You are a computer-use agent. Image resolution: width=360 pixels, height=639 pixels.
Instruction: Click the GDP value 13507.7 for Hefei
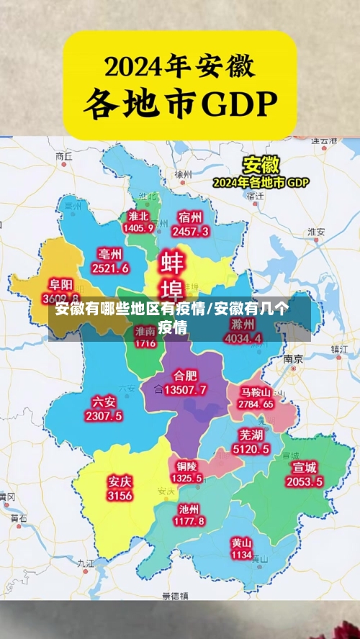pyautogui.click(x=185, y=390)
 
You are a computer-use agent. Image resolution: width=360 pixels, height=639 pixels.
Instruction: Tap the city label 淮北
pyautogui.click(x=138, y=216)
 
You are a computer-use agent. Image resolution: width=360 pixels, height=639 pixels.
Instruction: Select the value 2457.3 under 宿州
pyautogui.click(x=191, y=231)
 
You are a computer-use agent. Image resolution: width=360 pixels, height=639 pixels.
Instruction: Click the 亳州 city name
pyautogui.click(x=110, y=254)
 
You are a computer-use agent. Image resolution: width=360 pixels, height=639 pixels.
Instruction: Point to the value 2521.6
pyautogui.click(x=110, y=268)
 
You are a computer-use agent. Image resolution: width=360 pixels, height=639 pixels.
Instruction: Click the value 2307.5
pyautogui.click(x=104, y=416)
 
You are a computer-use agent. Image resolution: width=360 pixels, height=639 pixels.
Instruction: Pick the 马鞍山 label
pyautogui.click(x=256, y=392)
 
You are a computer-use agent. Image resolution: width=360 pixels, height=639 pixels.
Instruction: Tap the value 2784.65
pyautogui.click(x=256, y=404)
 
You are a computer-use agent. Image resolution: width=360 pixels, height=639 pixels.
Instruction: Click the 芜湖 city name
pyautogui.click(x=251, y=435)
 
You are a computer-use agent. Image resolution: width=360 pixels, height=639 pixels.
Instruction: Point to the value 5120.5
pyautogui.click(x=251, y=449)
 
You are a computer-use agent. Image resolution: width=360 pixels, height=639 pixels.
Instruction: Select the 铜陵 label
pyautogui.click(x=186, y=466)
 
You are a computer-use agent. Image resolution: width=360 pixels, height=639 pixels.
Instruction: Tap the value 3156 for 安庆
pyautogui.click(x=120, y=496)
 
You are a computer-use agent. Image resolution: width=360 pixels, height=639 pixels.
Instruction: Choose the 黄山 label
pyautogui.click(x=242, y=543)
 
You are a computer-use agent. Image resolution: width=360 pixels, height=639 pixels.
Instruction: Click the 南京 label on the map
pyautogui.click(x=292, y=358)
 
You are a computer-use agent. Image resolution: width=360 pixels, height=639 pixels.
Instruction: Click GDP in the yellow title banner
pyautogui.click(x=240, y=106)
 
